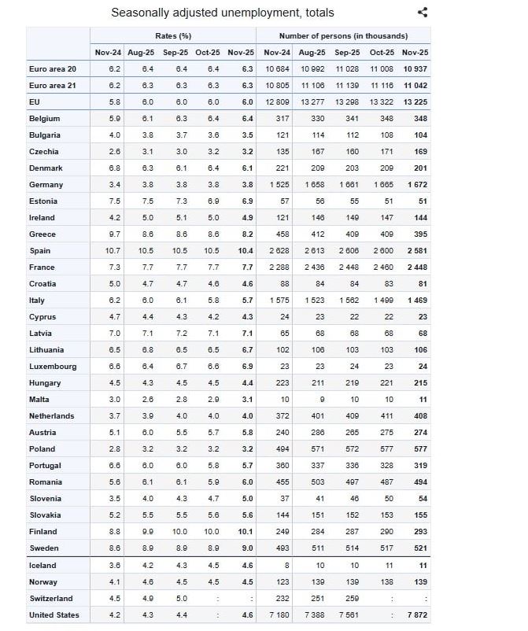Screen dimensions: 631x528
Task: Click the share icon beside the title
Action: (423, 12)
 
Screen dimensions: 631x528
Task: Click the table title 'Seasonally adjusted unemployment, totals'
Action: (223, 13)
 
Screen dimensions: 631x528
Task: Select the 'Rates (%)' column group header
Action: (174, 36)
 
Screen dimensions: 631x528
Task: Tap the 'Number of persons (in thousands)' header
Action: (343, 36)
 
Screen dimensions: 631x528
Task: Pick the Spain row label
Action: (40, 251)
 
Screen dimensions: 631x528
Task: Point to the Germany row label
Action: (46, 185)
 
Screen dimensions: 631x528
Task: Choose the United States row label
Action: (54, 614)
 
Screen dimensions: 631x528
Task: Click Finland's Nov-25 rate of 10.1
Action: (244, 532)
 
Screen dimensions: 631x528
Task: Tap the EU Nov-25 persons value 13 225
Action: (415, 101)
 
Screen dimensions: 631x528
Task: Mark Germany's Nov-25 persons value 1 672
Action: (417, 185)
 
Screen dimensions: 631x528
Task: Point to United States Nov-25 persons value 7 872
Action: (417, 614)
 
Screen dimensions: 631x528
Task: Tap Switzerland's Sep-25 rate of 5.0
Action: (180, 598)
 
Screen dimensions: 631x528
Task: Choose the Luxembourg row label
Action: (53, 367)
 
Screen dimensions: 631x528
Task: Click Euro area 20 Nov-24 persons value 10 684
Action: (276, 68)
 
